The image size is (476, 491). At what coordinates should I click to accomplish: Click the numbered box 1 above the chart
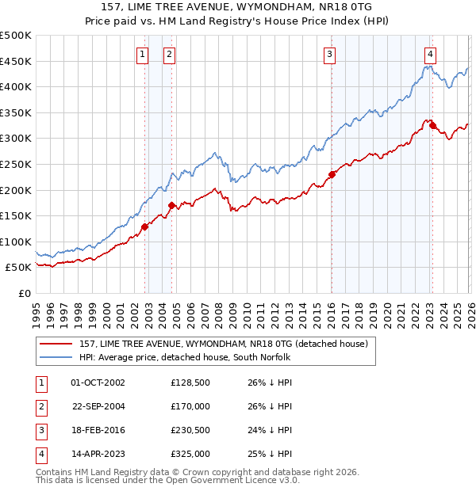[x=142, y=55]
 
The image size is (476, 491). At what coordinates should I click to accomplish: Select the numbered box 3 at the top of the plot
[x=329, y=55]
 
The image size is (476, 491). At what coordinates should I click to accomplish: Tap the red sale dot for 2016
[x=332, y=175]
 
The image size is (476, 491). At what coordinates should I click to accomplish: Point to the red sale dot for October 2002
[x=144, y=227]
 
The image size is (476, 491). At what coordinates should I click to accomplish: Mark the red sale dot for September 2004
[x=172, y=206]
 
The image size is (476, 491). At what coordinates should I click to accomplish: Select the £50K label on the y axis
[x=19, y=268]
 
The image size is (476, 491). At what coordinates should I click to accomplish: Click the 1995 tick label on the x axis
[x=36, y=309]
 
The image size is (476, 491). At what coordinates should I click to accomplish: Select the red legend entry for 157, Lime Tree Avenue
[x=224, y=344]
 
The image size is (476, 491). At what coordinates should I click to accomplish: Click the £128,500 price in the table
[x=190, y=382]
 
